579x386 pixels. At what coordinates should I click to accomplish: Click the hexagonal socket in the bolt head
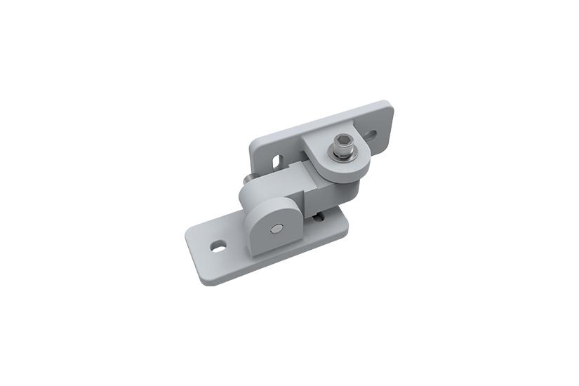click(x=342, y=147)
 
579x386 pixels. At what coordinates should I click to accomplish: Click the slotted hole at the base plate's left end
click(x=218, y=246)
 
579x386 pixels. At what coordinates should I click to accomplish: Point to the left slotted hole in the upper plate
click(x=279, y=160)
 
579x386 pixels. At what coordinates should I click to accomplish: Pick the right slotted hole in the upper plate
click(x=370, y=134)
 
